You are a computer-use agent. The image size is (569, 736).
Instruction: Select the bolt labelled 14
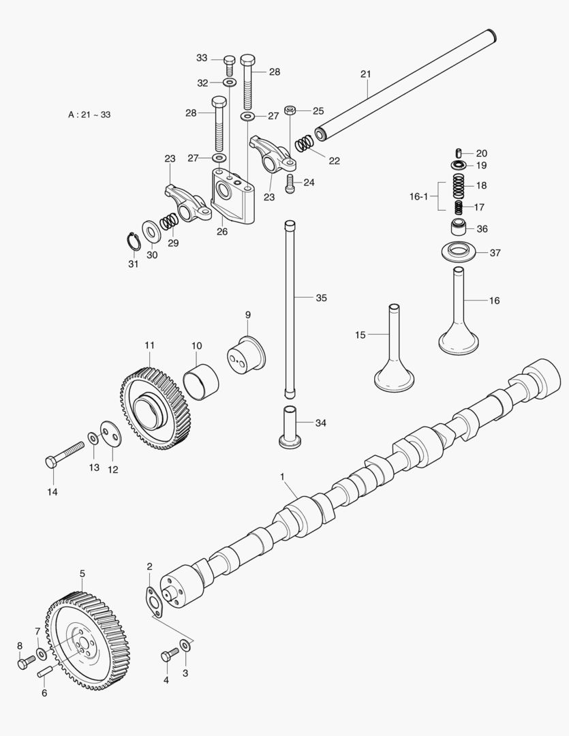[64, 455]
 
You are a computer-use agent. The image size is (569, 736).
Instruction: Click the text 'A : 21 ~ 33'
[89, 114]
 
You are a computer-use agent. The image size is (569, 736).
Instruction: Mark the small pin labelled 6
[46, 671]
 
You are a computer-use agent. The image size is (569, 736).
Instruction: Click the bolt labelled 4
[170, 656]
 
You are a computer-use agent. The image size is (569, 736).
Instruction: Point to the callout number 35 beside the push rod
[322, 298]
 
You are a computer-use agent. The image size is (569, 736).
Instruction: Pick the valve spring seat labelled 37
[463, 252]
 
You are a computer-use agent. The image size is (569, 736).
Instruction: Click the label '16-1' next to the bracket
[418, 196]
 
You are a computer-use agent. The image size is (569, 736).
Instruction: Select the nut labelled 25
[290, 110]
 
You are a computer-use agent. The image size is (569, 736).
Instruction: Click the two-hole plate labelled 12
[108, 435]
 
